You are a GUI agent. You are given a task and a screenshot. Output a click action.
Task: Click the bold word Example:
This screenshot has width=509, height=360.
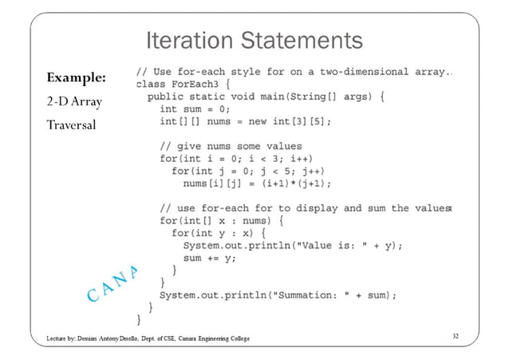[x=77, y=78]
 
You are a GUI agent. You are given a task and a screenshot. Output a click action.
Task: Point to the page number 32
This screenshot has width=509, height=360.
[x=454, y=338]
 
